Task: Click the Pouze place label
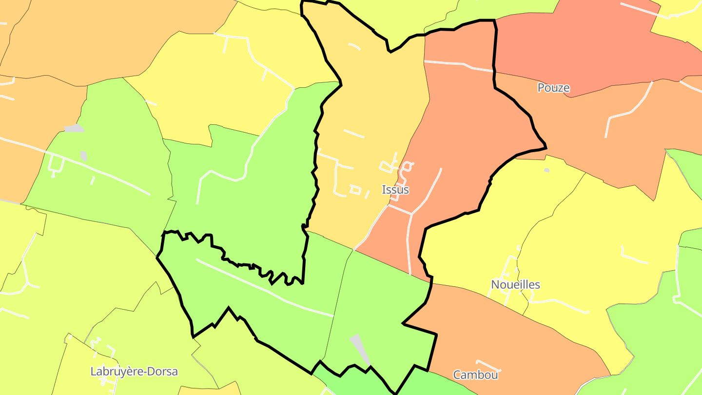553,88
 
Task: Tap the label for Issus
395,190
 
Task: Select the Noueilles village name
515,284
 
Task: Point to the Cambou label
475,375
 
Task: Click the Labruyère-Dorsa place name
134,372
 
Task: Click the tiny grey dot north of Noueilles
546,170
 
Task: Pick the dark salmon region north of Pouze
585,44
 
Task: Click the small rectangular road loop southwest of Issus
355,190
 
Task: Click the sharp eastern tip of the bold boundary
546,147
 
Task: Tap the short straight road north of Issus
353,133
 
